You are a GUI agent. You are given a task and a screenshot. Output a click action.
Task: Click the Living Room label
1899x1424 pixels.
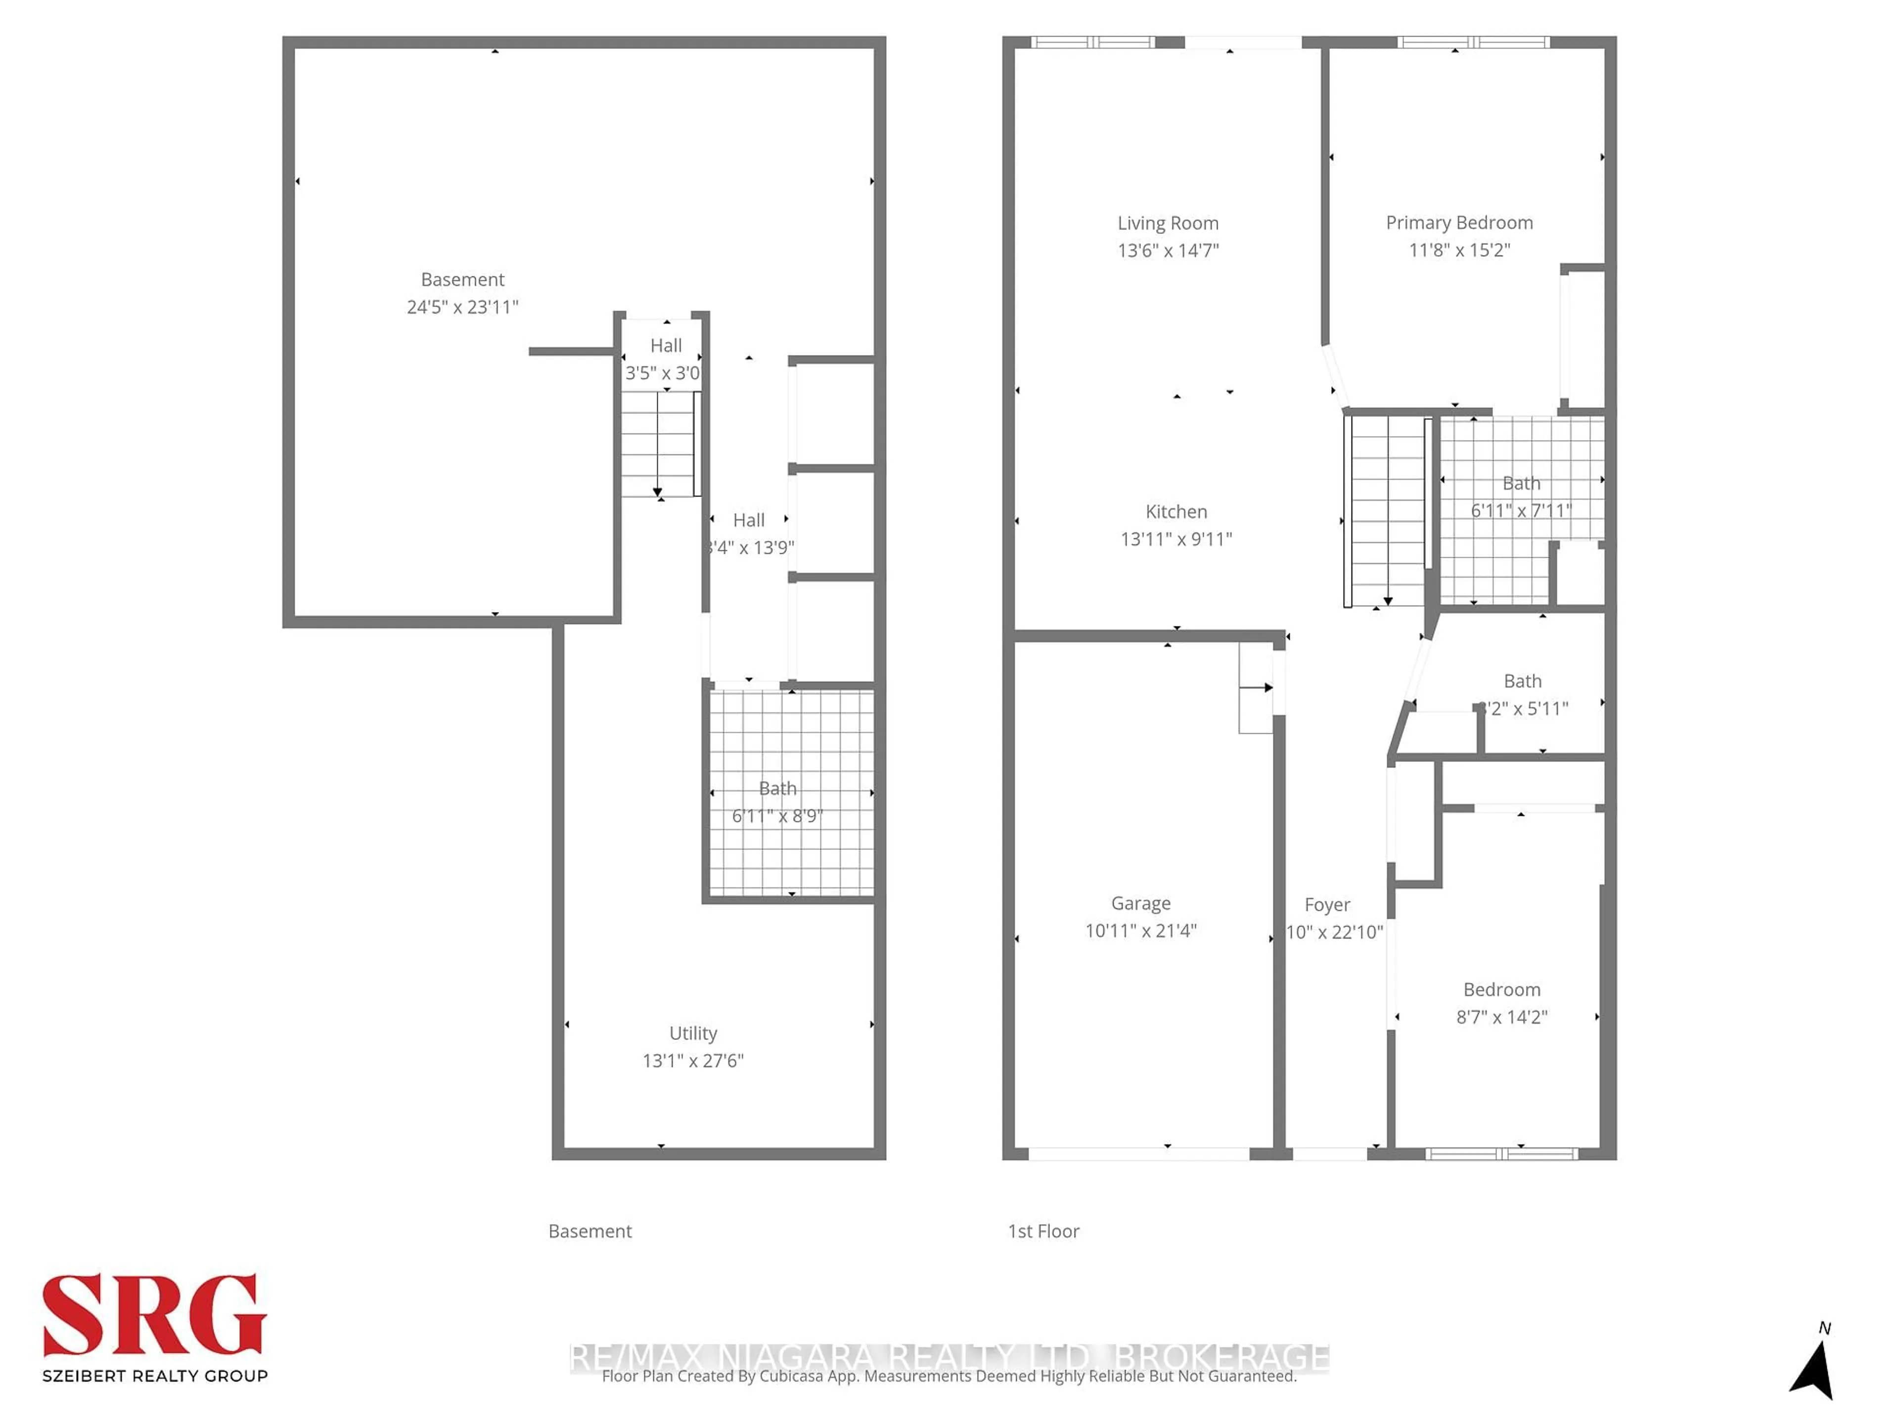click(1168, 223)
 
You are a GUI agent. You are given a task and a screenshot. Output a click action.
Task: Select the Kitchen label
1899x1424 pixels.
click(1176, 512)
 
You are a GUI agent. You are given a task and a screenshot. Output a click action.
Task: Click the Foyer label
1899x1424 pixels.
click(1327, 905)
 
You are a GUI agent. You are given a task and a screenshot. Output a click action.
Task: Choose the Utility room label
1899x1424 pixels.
click(693, 1033)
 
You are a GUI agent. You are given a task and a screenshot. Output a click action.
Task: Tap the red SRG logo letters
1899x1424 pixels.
click(154, 1316)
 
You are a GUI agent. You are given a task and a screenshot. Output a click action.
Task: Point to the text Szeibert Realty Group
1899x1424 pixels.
click(154, 1376)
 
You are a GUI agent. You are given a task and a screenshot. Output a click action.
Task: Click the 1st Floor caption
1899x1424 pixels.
click(1043, 1231)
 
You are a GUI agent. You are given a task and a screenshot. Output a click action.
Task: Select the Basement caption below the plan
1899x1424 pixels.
click(590, 1231)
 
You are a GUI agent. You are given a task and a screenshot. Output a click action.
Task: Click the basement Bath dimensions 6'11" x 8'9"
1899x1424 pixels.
click(777, 815)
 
